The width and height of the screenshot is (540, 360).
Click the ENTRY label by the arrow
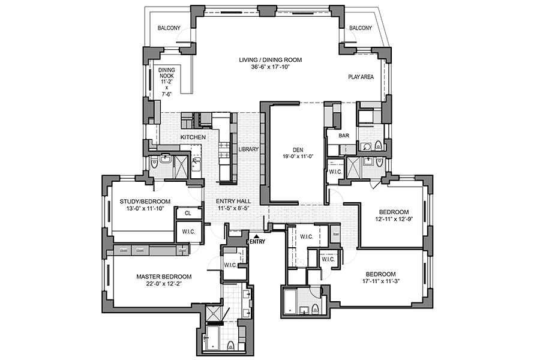tap(257, 242)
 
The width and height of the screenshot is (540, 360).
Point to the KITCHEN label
tap(193, 137)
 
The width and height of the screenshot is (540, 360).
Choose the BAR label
tap(344, 136)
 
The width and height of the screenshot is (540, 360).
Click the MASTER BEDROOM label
tap(164, 277)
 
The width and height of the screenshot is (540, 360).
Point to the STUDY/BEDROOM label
tap(145, 201)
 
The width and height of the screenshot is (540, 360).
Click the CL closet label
tap(188, 213)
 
